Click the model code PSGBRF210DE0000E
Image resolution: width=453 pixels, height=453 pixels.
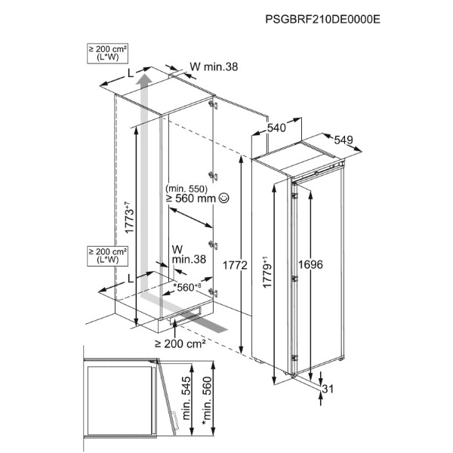[322, 20]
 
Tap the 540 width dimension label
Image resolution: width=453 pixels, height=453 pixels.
[276, 128]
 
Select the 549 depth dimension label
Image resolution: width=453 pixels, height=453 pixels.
[344, 140]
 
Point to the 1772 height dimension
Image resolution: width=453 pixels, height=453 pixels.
[235, 265]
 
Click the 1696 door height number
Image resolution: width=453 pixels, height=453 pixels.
[310, 264]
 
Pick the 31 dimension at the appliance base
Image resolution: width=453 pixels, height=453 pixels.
[328, 389]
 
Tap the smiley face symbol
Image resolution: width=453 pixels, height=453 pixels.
[224, 198]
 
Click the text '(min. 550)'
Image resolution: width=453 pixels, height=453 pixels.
[186, 189]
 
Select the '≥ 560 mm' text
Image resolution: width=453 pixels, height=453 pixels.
[191, 199]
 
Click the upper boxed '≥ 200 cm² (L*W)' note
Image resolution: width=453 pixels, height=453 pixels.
[107, 53]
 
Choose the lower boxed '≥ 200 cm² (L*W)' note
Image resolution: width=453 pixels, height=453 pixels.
[107, 256]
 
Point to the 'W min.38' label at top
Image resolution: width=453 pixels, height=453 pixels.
[214, 66]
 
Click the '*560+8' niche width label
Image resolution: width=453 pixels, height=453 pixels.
[187, 287]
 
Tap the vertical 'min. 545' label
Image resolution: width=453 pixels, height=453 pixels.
[186, 398]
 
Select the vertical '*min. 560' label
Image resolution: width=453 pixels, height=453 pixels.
[207, 400]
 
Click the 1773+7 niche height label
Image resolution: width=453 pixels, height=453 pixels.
[129, 217]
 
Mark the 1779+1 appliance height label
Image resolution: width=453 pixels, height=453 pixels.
[267, 272]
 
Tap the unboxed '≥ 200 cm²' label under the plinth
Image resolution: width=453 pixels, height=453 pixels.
[180, 344]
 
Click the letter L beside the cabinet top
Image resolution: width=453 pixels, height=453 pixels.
[131, 74]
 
